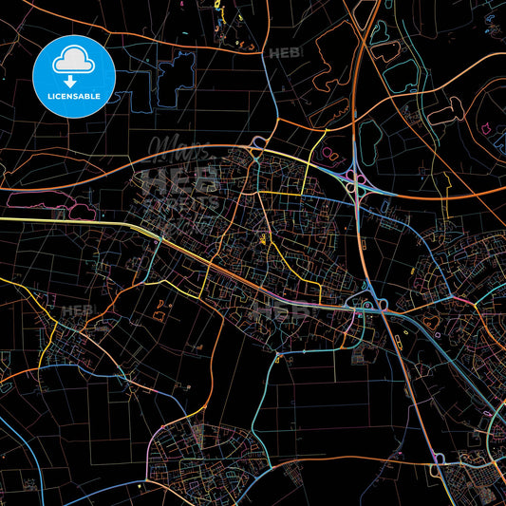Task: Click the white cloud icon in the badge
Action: click(x=72, y=60)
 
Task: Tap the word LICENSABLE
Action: click(x=72, y=95)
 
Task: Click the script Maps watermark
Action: click(x=180, y=151)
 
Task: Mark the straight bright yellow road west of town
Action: click(x=66, y=220)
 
